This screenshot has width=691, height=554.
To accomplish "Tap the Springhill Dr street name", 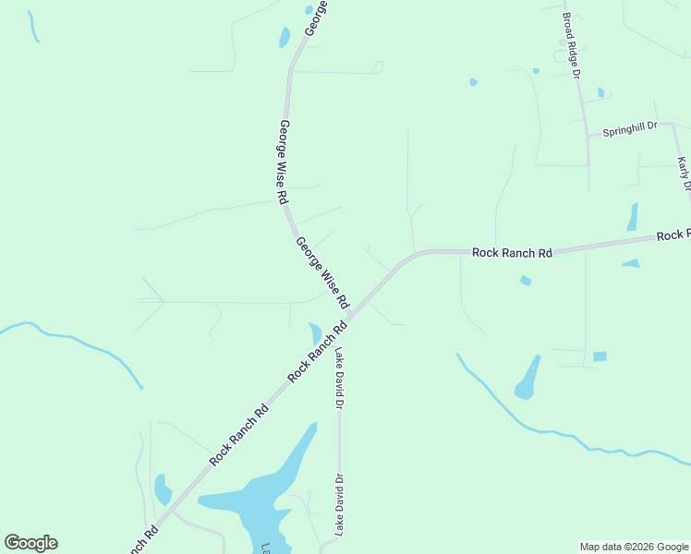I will (x=629, y=130).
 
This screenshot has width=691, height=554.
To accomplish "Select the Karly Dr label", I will (x=684, y=173).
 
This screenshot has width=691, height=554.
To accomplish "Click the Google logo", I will (x=30, y=543).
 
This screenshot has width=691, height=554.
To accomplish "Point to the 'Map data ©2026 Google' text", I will (x=635, y=547).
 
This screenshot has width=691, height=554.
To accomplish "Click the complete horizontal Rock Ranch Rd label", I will (x=512, y=252).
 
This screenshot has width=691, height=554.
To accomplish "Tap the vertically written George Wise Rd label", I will (x=283, y=163).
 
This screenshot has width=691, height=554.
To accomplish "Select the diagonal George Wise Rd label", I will (x=322, y=273).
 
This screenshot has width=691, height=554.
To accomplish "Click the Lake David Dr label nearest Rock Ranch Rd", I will (x=339, y=379).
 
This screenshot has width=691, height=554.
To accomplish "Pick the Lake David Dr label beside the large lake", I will (x=339, y=505).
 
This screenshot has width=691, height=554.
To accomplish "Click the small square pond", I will (x=600, y=356).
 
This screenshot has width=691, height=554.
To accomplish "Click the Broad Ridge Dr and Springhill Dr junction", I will (x=588, y=135).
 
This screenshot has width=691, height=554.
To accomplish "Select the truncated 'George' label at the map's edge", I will (x=318, y=17).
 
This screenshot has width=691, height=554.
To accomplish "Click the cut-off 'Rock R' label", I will (x=673, y=235).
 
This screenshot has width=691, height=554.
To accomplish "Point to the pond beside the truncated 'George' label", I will (x=285, y=38).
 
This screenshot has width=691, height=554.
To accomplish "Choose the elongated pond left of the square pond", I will (x=527, y=379).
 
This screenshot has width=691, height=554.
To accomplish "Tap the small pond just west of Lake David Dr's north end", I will (x=315, y=332).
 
